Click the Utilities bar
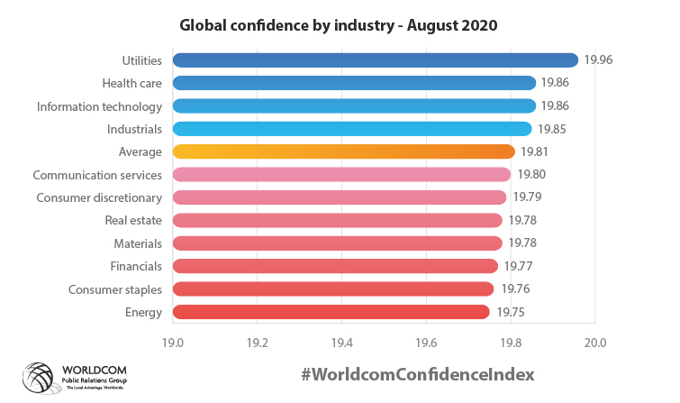(x=375, y=60)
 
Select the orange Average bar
(x=343, y=151)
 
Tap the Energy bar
(x=331, y=312)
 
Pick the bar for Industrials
(x=352, y=129)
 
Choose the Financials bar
(x=335, y=266)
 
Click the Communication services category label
(x=97, y=175)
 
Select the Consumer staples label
(x=115, y=289)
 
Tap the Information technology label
(x=99, y=106)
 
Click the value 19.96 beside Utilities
(x=598, y=60)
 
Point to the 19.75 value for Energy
(x=510, y=312)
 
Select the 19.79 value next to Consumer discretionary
(x=527, y=197)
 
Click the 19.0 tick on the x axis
(x=173, y=343)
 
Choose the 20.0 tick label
(x=595, y=343)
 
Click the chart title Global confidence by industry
(x=339, y=25)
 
